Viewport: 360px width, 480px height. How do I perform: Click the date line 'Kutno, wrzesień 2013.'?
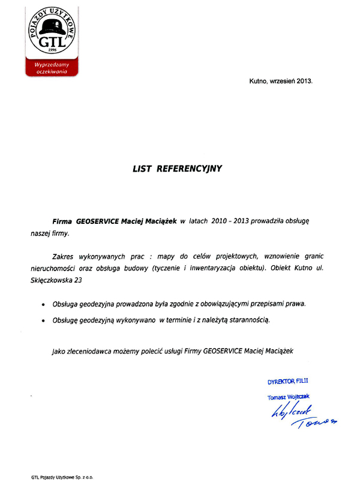(x=281, y=80)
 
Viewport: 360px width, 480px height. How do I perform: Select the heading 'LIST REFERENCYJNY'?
(x=177, y=169)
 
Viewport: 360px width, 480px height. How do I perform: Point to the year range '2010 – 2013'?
(x=229, y=221)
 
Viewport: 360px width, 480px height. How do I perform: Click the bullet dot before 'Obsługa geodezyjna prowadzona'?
(x=42, y=305)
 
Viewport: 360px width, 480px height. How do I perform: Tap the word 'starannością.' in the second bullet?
(x=251, y=320)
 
